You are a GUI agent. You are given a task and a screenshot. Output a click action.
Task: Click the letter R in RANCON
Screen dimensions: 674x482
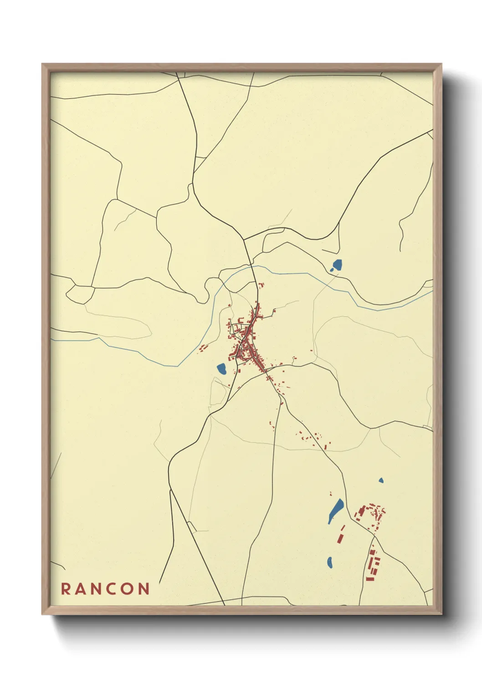coord(66,589)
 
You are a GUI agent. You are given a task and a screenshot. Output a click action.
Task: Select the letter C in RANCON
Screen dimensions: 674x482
coord(112,589)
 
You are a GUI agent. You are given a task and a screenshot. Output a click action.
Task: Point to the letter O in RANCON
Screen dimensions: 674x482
coord(128,589)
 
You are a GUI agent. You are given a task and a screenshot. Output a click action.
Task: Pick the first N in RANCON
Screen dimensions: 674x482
coord(97,589)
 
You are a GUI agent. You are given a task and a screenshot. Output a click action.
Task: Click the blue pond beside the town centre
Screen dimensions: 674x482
coord(222,368)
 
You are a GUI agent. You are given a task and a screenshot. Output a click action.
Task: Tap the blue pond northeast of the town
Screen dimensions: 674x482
coord(337,265)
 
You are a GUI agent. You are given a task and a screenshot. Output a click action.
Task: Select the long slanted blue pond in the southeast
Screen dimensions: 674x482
coord(336,511)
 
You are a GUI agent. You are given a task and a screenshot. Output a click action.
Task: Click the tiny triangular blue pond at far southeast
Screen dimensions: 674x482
coord(381,480)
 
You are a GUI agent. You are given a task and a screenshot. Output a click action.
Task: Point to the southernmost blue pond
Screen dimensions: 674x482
coord(330,563)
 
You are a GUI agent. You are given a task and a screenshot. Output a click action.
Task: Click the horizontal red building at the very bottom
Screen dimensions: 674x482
coord(370,579)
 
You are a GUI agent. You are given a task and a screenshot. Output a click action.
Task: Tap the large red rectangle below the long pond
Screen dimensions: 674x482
coord(339,538)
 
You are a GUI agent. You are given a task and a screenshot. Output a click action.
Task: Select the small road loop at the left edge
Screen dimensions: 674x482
coord(80,295)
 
